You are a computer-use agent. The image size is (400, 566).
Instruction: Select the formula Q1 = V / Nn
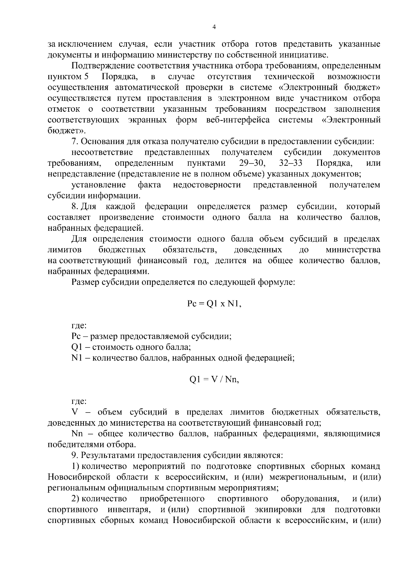(x=214, y=380)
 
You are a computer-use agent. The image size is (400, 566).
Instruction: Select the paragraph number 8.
(x=74, y=206)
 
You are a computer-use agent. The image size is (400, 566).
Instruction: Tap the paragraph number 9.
(x=74, y=455)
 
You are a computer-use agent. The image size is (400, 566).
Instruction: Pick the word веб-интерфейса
(x=242, y=120)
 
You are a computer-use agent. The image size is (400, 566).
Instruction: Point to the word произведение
(x=127, y=217)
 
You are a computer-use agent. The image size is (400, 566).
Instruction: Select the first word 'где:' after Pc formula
(x=79, y=326)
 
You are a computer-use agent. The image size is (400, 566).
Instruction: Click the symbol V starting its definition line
(x=74, y=412)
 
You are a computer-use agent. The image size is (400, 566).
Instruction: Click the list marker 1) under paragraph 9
(x=75, y=466)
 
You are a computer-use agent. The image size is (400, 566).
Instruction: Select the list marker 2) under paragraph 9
(x=75, y=499)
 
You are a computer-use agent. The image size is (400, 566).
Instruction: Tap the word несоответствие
(x=102, y=152)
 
